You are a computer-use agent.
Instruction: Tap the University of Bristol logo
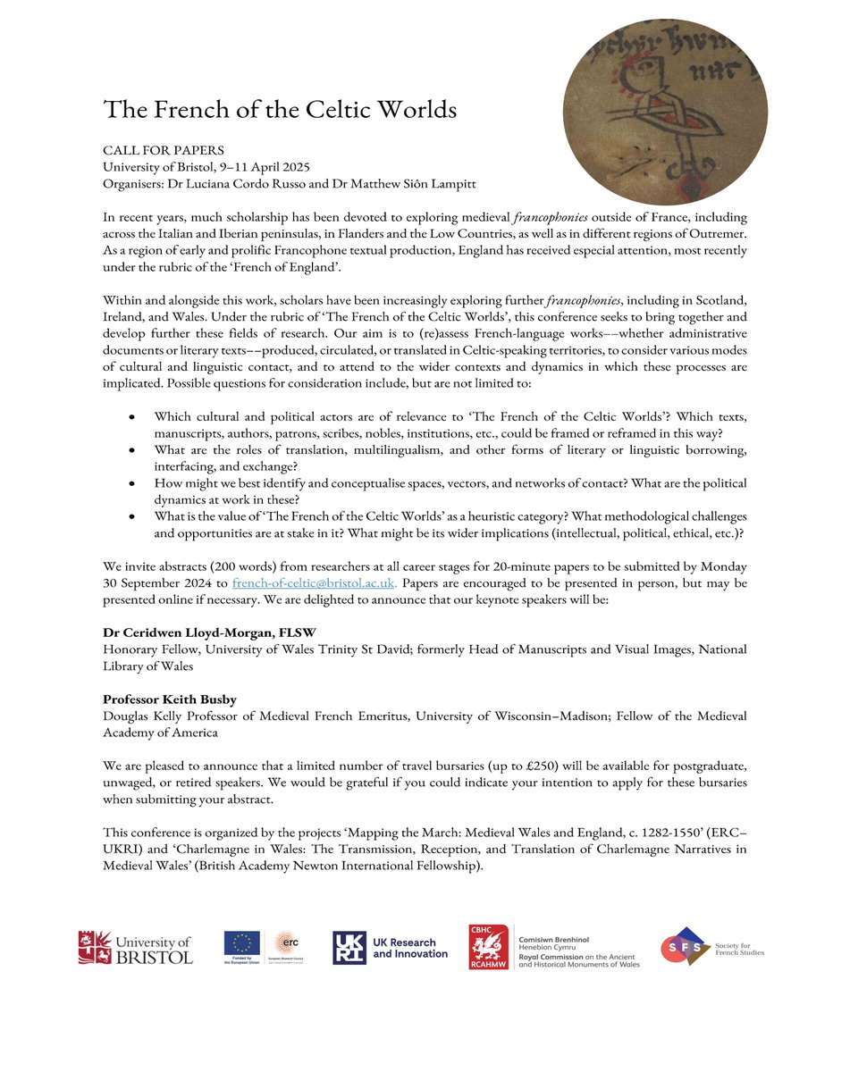pos(135,947)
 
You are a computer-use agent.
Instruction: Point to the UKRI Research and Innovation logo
pos(391,948)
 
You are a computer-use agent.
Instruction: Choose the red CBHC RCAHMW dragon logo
pos(489,947)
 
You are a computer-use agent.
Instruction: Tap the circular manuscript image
pos(664,103)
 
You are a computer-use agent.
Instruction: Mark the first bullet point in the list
pos(133,416)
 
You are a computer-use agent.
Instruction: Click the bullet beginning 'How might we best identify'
pos(133,483)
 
